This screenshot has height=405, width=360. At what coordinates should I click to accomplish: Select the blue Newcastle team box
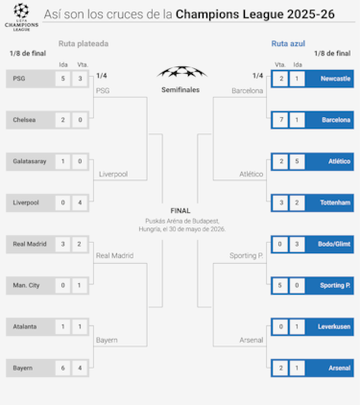coord(331,78)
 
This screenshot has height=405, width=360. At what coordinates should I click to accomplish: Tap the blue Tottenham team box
coord(331,202)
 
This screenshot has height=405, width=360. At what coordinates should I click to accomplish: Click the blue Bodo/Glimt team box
coord(331,244)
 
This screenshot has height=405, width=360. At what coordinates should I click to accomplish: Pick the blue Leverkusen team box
coord(331,326)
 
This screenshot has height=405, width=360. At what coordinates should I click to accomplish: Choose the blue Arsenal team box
coord(331,368)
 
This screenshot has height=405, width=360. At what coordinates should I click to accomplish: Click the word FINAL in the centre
coord(180,210)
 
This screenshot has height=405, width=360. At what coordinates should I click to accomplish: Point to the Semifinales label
coord(180,89)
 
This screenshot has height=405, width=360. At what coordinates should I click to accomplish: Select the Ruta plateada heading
coord(84,43)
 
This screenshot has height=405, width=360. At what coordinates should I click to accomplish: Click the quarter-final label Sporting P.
coord(246,255)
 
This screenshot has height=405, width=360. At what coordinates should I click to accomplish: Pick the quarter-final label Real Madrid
coord(115,255)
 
